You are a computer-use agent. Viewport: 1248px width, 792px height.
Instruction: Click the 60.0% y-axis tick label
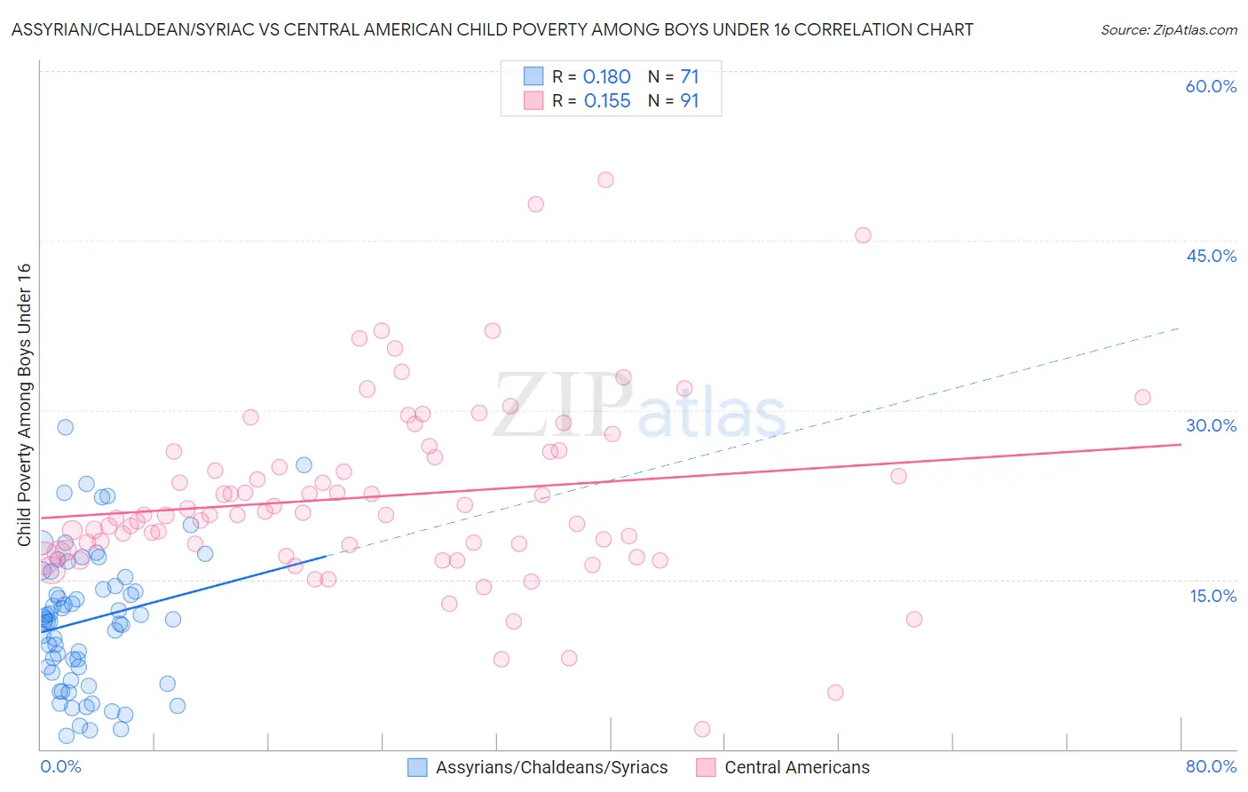(x=1211, y=86)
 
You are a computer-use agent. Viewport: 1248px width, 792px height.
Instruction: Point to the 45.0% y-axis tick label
(x=1211, y=256)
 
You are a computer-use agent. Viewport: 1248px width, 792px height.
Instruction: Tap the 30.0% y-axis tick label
(x=1211, y=425)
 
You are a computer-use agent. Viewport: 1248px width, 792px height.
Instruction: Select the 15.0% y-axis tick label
(x=1212, y=596)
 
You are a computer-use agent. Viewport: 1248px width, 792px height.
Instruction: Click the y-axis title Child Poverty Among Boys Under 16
(x=24, y=404)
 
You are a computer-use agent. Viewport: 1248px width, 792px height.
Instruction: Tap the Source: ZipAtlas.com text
(x=1168, y=30)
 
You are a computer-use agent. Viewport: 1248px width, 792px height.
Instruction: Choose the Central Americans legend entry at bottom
(x=796, y=768)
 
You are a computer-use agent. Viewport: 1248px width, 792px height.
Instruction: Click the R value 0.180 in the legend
(x=607, y=77)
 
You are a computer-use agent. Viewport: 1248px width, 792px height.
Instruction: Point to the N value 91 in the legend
(x=690, y=101)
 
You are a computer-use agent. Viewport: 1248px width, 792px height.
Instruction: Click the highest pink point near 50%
(x=605, y=179)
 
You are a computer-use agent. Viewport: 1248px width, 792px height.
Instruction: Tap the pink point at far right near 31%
(x=1142, y=397)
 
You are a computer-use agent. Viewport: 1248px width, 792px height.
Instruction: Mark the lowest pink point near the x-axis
(x=702, y=729)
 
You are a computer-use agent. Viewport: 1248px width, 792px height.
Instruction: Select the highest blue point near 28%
(x=65, y=427)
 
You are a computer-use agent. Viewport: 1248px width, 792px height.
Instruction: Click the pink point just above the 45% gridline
(x=863, y=235)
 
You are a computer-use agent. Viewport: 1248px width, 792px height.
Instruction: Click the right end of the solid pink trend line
(x=1181, y=444)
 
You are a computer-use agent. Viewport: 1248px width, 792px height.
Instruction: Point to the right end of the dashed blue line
(x=1179, y=329)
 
